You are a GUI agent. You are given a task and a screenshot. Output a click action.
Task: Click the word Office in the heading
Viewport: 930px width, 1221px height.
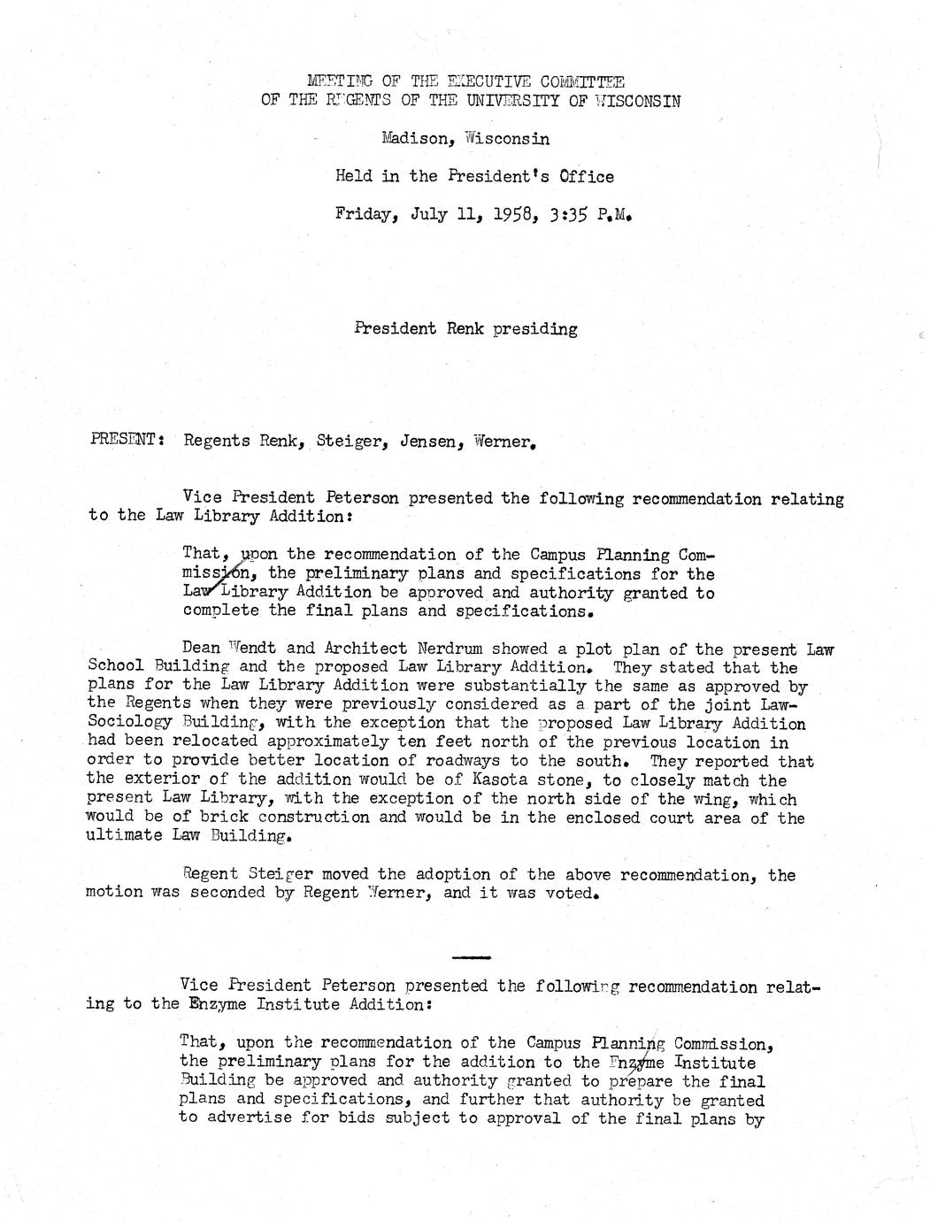580,176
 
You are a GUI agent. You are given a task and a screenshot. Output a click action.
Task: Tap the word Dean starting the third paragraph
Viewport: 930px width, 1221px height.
200,649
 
